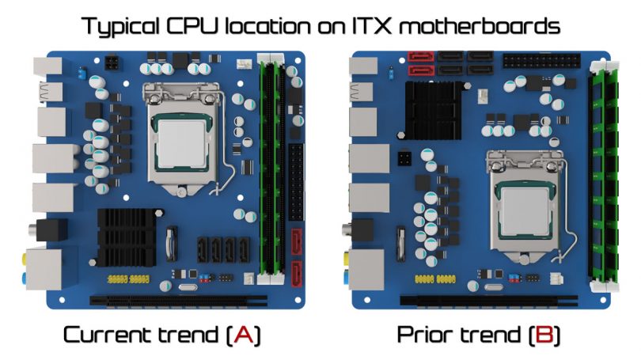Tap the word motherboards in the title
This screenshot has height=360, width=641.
coord(479,26)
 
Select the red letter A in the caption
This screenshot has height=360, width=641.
coord(244,335)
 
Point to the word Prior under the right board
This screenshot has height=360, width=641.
coord(425,335)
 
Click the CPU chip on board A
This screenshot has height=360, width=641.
coord(181,142)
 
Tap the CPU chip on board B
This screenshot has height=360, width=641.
coord(525,210)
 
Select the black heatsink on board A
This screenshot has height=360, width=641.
coord(127,237)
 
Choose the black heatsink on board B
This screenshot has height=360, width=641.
coord(434,110)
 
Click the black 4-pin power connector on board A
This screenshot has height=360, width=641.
coord(112,63)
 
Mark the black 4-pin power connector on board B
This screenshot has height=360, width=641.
coord(404,158)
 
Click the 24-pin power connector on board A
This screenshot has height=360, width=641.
coord(297,182)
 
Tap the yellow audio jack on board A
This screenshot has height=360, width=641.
coord(25,258)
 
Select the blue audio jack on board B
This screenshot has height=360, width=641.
coord(347,276)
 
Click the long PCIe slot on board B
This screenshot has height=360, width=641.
coord(488,301)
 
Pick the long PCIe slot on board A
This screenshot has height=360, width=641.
coord(179,301)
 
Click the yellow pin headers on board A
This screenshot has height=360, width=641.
coord(128,279)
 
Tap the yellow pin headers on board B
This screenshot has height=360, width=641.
coord(435,279)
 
